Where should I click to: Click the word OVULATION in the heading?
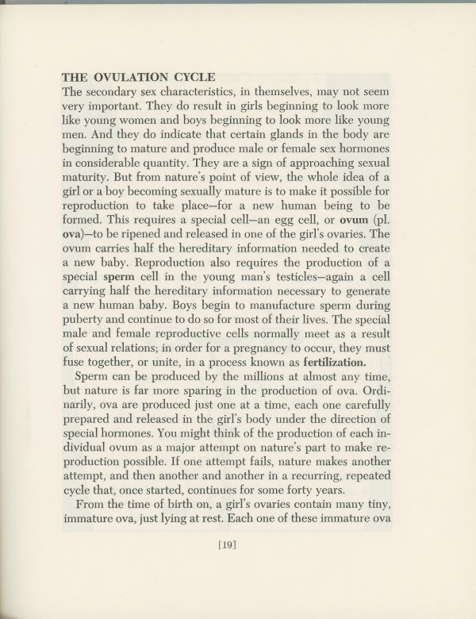pyautogui.click(x=130, y=77)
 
